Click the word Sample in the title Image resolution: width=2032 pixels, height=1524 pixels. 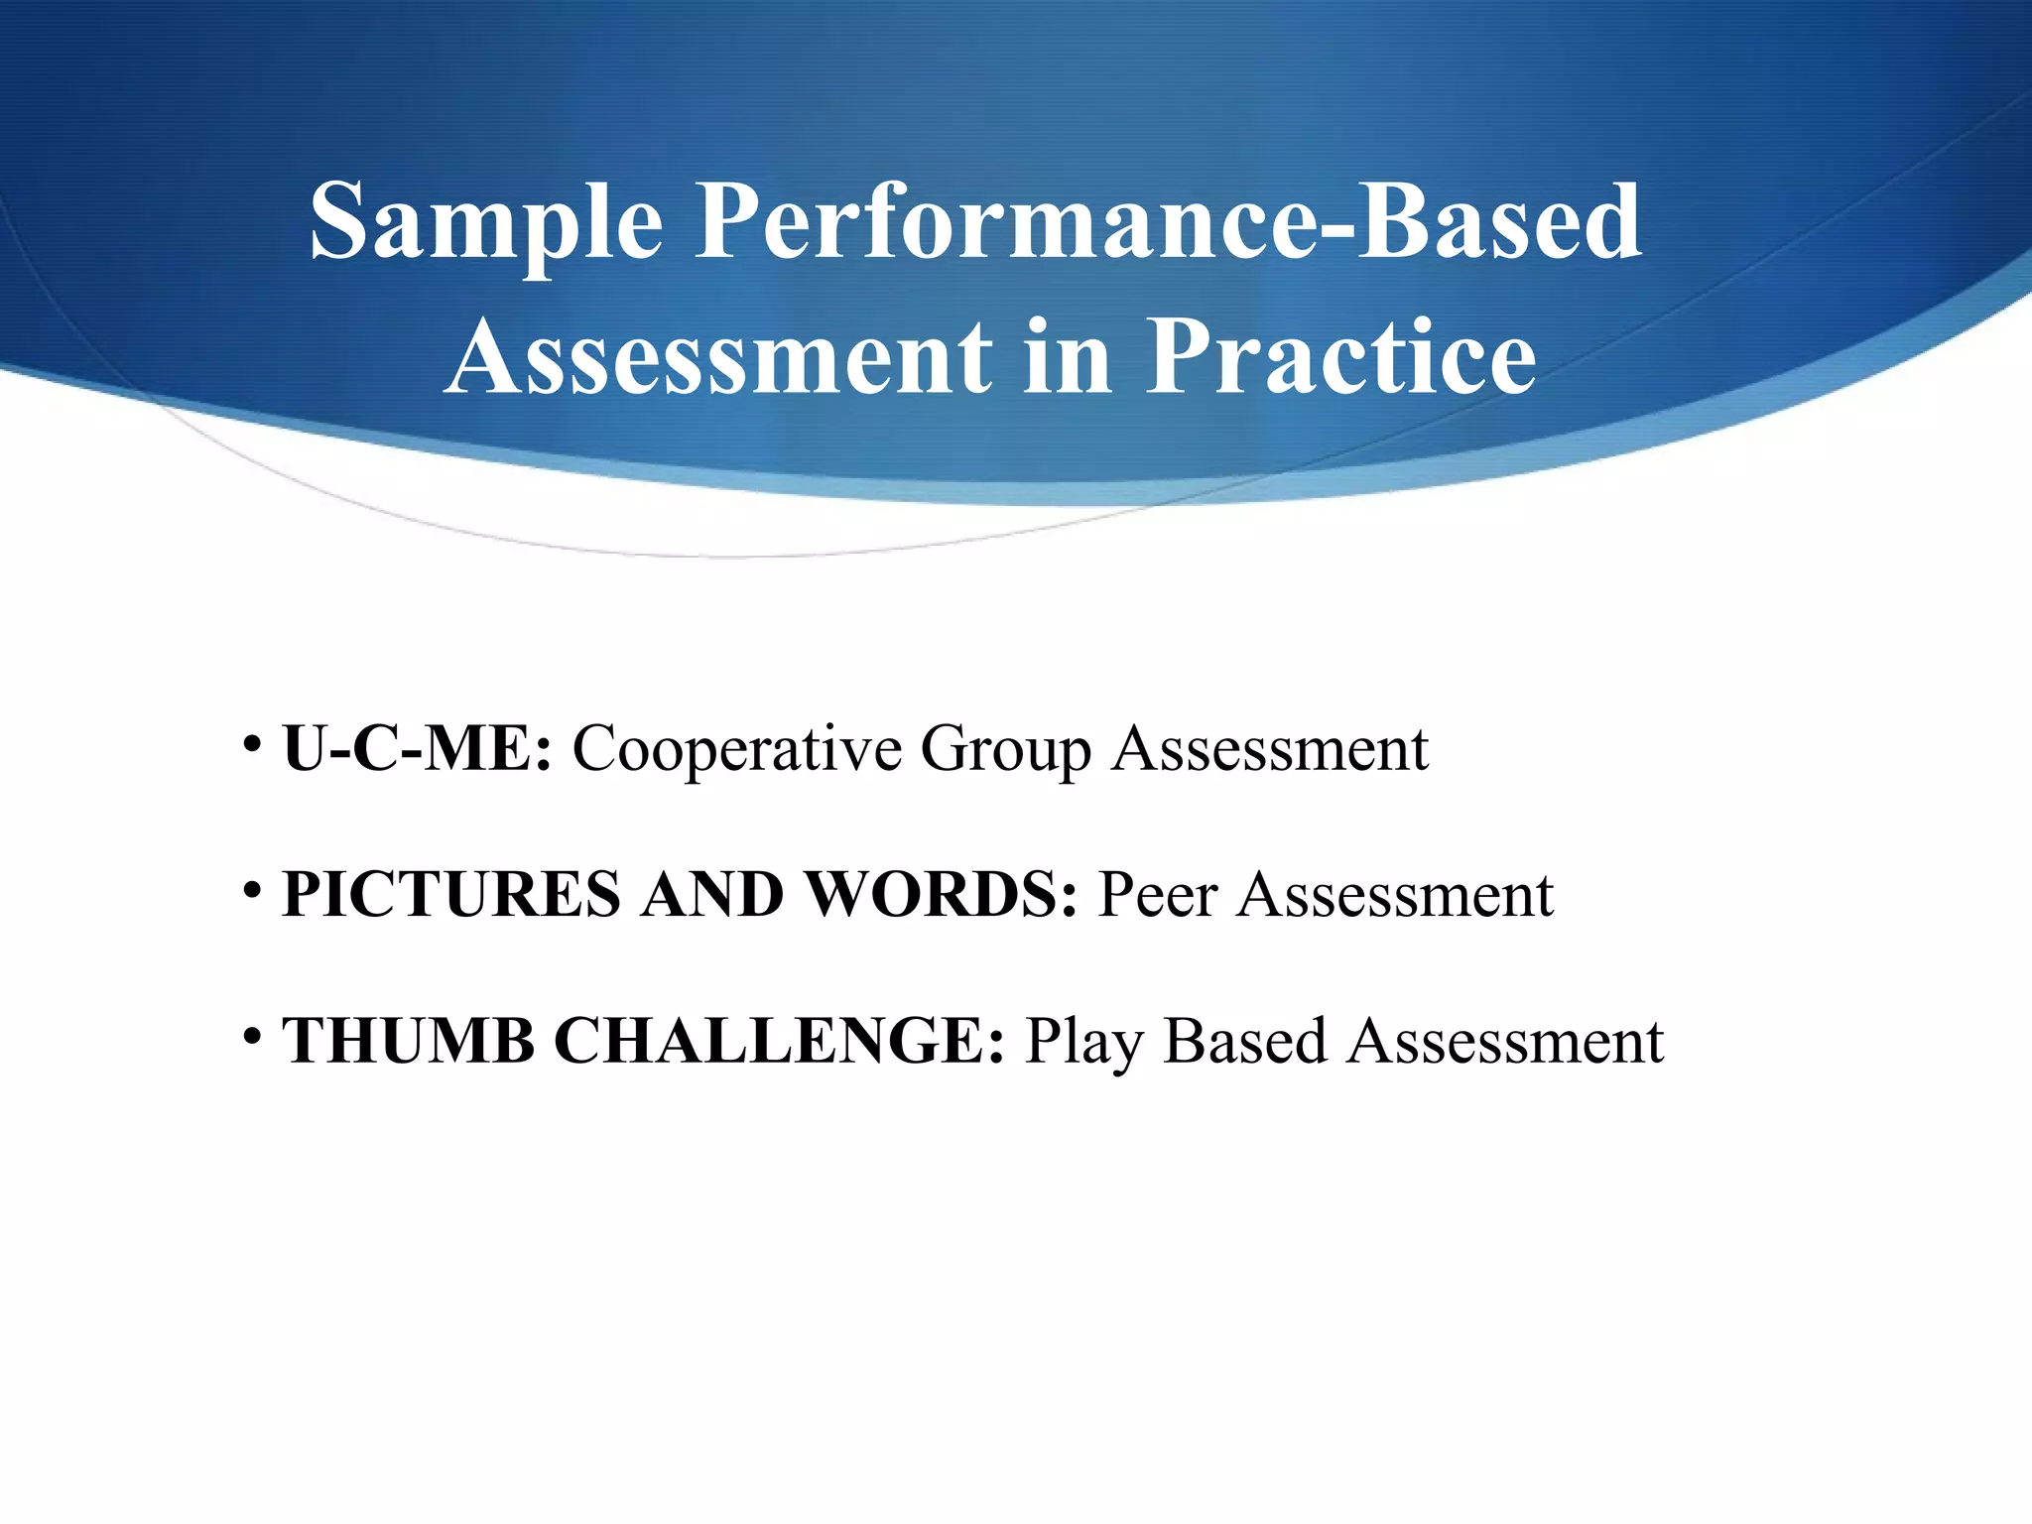486,222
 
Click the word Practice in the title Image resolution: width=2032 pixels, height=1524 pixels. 1340,357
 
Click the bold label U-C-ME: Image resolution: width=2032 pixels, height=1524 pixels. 417,748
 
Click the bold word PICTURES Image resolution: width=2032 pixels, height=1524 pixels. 451,895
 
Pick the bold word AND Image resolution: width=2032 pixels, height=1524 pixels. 711,895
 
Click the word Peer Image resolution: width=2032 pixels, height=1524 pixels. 1158,895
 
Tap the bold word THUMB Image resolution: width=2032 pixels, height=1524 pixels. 408,1042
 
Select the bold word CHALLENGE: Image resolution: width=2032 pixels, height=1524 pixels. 779,1042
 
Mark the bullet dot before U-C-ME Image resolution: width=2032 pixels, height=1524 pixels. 251,743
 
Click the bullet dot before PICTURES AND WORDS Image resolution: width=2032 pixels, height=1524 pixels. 251,890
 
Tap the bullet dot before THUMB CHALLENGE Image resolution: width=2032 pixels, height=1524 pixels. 251,1037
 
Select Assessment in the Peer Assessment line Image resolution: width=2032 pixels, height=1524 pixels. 1395,895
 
